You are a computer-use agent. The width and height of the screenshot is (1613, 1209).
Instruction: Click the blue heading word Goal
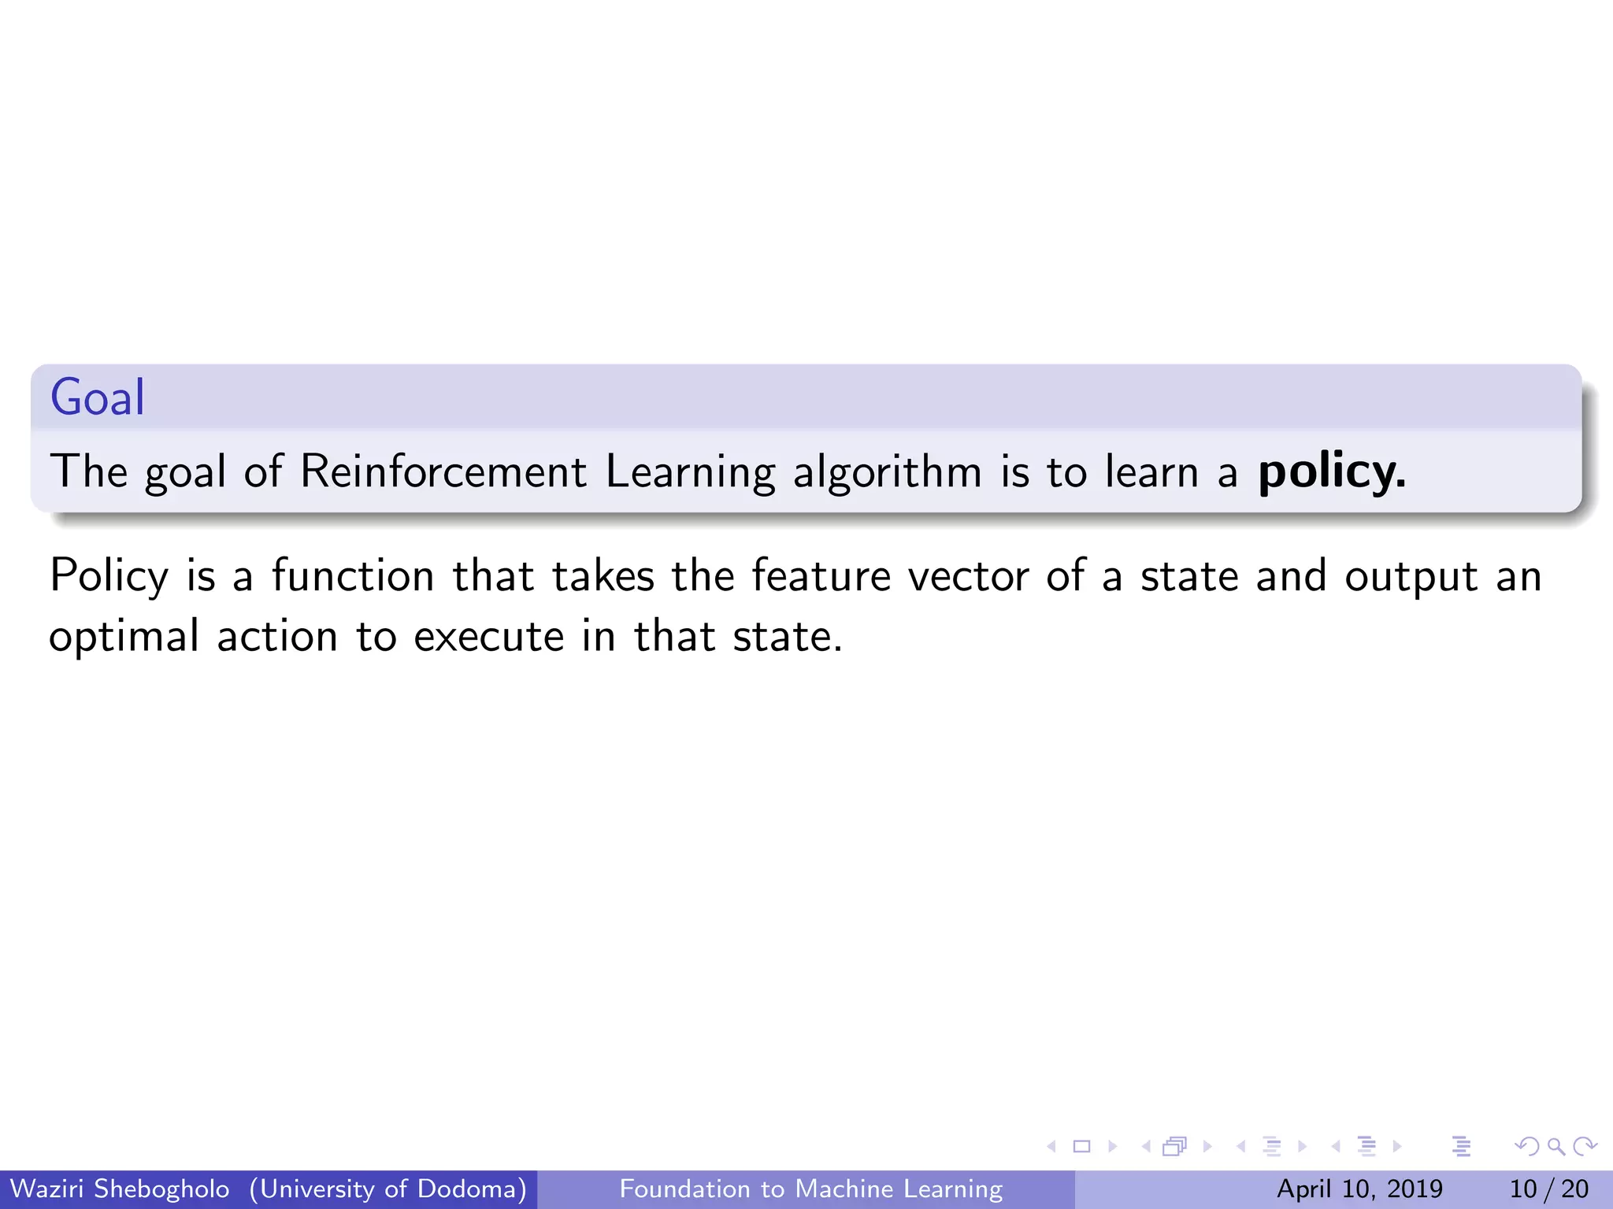coord(98,397)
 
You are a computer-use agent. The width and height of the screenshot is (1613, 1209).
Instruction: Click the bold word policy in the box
coord(1331,472)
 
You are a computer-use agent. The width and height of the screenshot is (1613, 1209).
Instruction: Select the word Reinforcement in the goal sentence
coord(443,472)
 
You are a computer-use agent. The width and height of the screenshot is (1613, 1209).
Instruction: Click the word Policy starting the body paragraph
coord(109,577)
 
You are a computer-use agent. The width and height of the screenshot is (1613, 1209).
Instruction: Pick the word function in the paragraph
coord(353,575)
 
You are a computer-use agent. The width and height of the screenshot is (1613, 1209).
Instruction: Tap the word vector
coord(969,575)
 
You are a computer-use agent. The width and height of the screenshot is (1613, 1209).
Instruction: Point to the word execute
coord(489,637)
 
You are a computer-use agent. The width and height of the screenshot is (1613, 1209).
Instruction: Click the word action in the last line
coord(277,637)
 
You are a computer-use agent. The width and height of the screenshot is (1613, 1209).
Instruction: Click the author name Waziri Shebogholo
coord(120,1189)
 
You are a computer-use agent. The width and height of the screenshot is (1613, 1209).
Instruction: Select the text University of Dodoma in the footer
coord(388,1189)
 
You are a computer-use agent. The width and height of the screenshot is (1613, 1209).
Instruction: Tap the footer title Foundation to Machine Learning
coord(811,1189)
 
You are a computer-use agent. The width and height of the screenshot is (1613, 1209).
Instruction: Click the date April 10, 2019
coord(1359,1189)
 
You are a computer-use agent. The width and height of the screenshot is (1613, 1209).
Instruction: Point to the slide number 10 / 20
coord(1548,1189)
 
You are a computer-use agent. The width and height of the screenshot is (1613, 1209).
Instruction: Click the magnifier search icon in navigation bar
coord(1556,1147)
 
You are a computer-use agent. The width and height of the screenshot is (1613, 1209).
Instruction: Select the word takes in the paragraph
coord(603,575)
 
